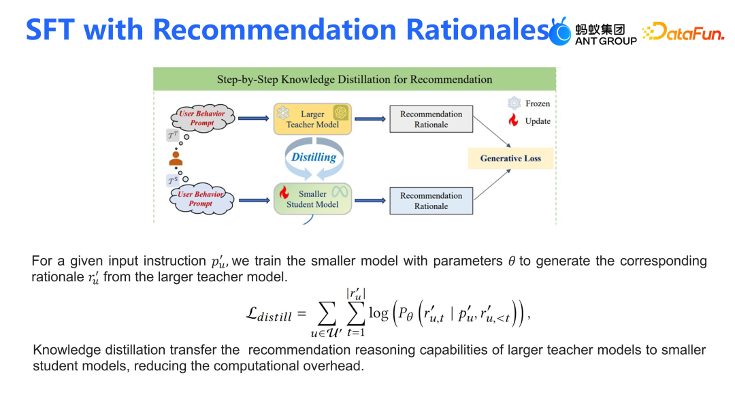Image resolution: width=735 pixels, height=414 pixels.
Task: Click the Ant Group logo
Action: pos(593,31)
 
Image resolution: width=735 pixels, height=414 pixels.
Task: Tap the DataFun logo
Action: pos(683,31)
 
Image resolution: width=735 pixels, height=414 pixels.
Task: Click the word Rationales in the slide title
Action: pos(476,30)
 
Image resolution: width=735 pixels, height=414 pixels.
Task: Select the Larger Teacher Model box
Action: pos(313,118)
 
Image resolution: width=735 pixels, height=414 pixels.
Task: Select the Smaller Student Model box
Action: pos(313,199)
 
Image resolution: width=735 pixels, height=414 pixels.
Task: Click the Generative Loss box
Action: pos(510,158)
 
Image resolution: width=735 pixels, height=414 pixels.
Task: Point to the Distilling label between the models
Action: pos(314,157)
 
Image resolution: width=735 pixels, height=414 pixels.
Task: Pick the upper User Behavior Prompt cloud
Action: pos(201,118)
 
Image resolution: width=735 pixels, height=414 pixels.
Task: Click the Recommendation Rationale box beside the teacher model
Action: pos(431,119)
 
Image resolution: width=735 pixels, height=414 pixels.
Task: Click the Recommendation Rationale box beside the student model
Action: pos(431,200)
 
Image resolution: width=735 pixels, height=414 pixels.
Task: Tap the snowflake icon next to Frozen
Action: pos(514,103)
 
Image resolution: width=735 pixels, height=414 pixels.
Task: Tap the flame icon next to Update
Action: pos(514,121)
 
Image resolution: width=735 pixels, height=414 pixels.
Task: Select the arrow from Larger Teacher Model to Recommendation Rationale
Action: pos(370,118)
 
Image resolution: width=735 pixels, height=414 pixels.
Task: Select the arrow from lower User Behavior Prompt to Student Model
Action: pos(254,200)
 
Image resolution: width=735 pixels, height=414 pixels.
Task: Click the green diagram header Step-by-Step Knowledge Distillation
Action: pos(355,79)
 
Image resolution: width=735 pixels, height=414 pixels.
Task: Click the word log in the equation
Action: pos(378,313)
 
